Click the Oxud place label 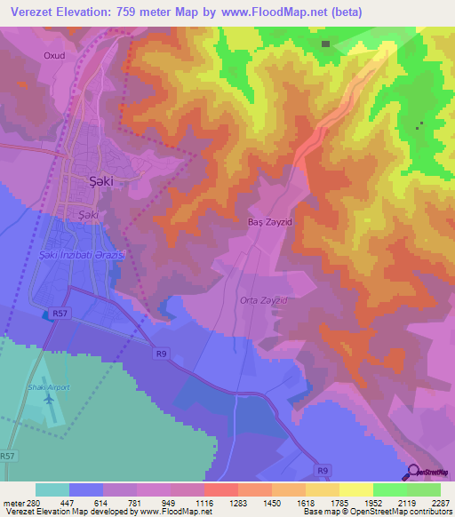tap(54, 55)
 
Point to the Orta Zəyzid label tap(264, 300)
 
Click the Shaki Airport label tap(53, 387)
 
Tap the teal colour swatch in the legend tap(52, 489)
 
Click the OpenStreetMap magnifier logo tap(412, 472)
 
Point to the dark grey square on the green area tap(326, 44)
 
